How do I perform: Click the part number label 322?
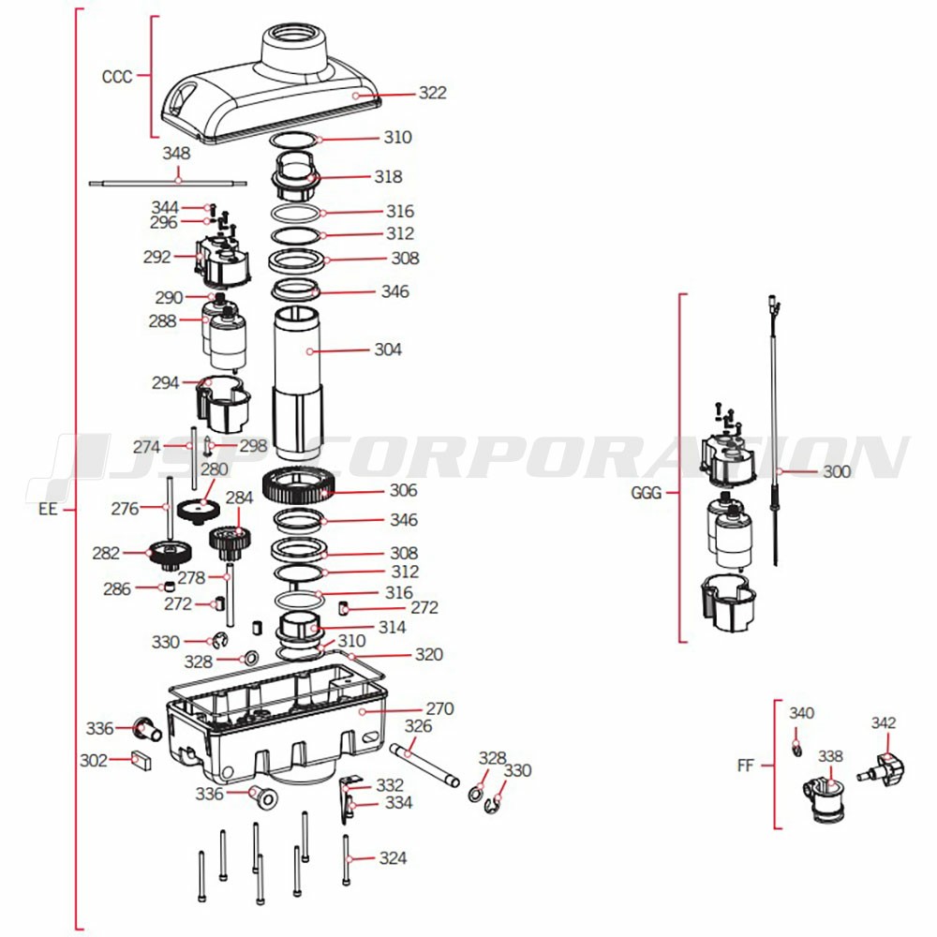point(432,93)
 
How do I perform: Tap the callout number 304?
point(388,350)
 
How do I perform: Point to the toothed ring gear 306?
point(298,487)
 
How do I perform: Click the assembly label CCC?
point(117,77)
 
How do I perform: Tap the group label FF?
point(746,766)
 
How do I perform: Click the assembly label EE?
point(49,511)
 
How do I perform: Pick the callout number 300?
point(837,471)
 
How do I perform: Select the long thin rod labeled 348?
point(169,184)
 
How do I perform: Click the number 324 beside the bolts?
point(393,858)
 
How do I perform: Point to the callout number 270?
point(439,709)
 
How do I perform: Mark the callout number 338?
point(830,755)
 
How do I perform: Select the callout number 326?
point(418,726)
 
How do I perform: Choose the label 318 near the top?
point(388,176)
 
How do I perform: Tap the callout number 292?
point(157,256)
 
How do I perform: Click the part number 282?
point(106,553)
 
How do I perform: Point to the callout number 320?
point(429,655)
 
